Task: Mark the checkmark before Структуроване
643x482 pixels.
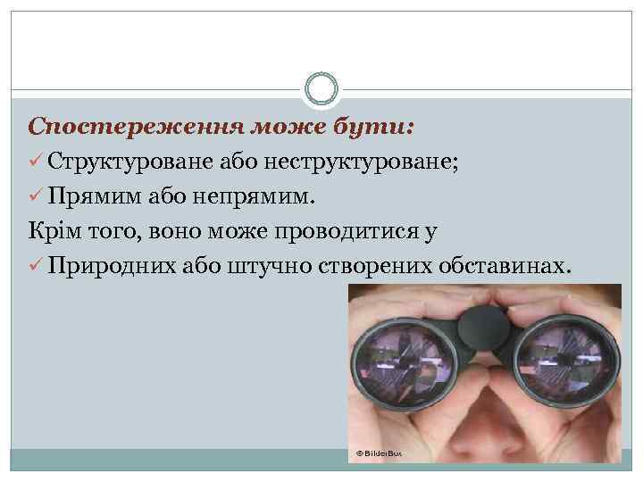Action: [x=35, y=162]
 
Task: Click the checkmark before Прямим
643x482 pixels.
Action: [x=35, y=195]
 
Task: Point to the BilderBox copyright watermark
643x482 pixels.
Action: [x=379, y=454]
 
